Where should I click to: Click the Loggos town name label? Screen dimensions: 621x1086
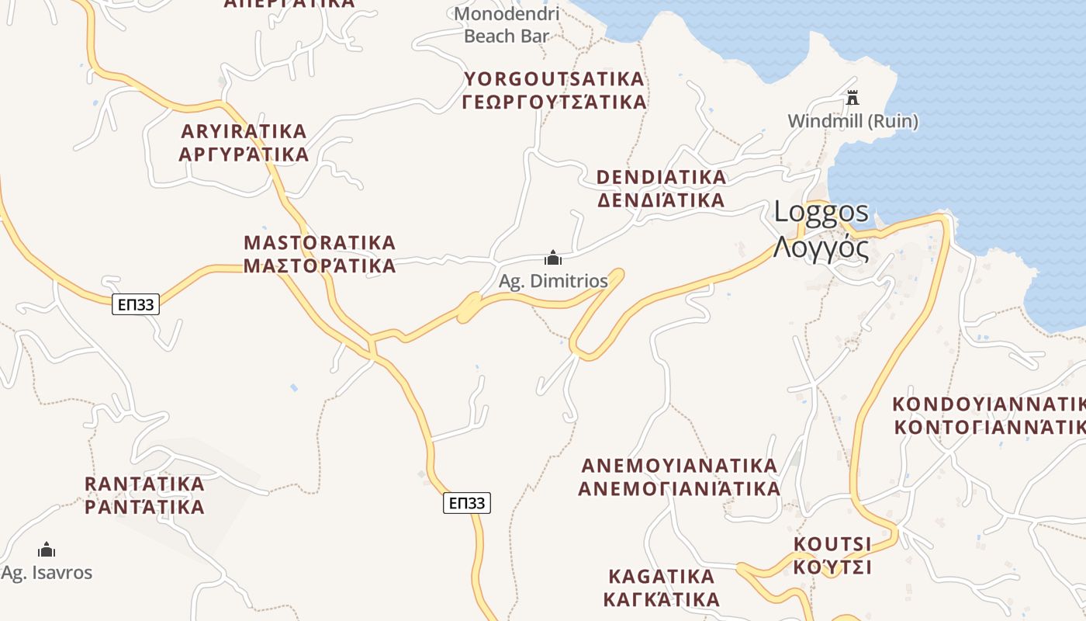click(821, 212)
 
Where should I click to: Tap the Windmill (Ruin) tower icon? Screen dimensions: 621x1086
click(853, 98)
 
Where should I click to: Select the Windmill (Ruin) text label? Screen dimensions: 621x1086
click(853, 121)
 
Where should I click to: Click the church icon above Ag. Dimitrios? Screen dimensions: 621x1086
click(552, 258)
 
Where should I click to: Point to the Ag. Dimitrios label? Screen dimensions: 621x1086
click(553, 281)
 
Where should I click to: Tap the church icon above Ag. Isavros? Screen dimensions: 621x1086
click(47, 550)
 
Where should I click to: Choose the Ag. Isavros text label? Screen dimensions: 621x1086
click(47, 573)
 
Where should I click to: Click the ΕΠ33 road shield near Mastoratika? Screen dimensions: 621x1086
click(136, 304)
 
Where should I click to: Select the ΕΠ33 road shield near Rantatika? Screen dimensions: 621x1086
click(468, 503)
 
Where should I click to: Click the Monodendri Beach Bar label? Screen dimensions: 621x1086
click(507, 25)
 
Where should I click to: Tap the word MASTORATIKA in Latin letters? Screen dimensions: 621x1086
click(320, 242)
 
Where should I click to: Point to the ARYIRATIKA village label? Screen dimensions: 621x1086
click(244, 130)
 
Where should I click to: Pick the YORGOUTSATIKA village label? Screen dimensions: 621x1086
click(554, 79)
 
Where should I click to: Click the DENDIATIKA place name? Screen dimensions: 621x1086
click(661, 177)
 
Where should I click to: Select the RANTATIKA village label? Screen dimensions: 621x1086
click(144, 484)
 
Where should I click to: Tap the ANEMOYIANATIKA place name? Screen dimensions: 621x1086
click(679, 466)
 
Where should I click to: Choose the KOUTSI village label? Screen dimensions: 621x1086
click(832, 543)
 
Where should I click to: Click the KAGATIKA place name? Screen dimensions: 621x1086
click(661, 577)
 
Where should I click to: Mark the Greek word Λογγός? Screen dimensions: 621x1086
click(820, 248)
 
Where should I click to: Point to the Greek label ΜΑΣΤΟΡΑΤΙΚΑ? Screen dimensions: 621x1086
click(320, 266)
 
